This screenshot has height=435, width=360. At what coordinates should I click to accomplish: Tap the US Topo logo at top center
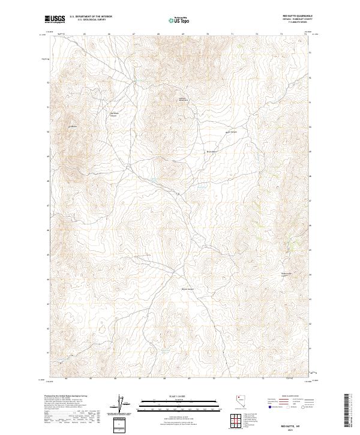coord(181,20)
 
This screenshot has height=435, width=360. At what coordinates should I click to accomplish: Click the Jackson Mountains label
coord(183,100)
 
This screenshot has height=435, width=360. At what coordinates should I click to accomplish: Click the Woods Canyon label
coord(188,290)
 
